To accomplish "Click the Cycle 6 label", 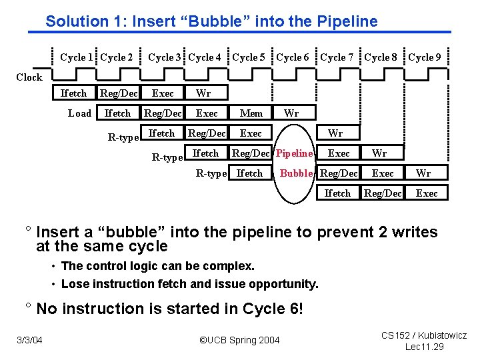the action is (293, 57).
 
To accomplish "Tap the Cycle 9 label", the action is (425, 57).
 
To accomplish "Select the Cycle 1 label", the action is (77, 57).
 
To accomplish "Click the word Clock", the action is (29, 77).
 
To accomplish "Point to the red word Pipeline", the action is (294, 153).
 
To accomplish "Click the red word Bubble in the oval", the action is (297, 173).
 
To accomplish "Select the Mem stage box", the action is (251, 113).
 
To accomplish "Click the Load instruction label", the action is (80, 113).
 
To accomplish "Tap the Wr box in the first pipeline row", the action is (203, 93).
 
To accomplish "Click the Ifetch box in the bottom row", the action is (337, 193).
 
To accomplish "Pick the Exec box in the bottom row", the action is (427, 193).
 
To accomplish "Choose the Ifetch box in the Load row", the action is (118, 113).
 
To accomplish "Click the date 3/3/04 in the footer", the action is (29, 341).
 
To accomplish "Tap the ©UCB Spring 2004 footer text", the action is (240, 341).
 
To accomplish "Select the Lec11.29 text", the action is (425, 347).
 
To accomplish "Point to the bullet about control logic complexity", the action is (157, 266).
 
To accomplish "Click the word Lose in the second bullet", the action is (74, 284).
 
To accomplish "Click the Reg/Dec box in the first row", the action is (119, 93).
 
